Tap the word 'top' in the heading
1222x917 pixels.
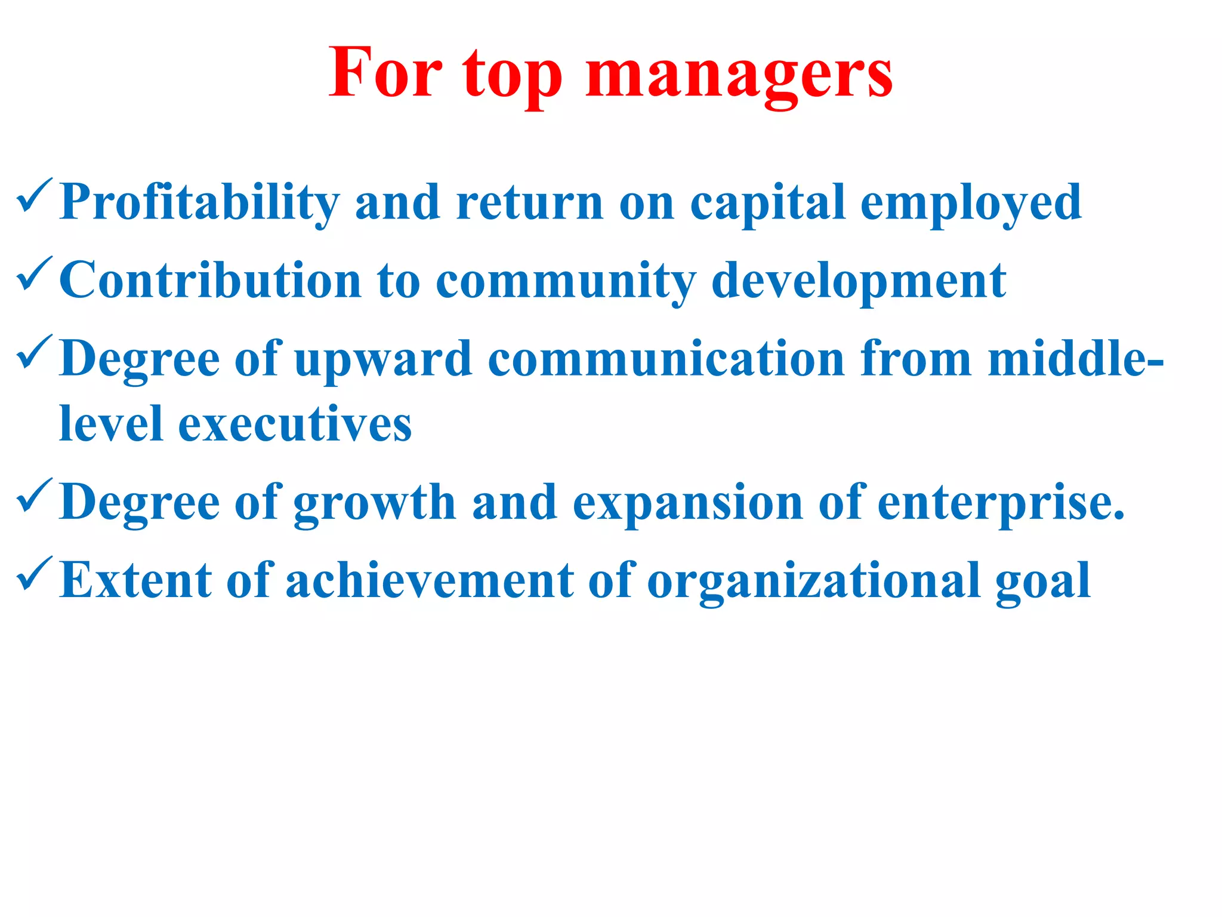click(x=512, y=75)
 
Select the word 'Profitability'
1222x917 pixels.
click(x=200, y=203)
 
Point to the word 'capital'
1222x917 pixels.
click(x=767, y=203)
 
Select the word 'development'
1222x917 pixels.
click(x=859, y=281)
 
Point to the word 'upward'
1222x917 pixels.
click(x=383, y=359)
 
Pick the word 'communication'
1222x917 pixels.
click(x=666, y=359)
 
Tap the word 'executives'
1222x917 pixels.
click(x=295, y=424)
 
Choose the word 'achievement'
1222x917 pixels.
click(x=429, y=580)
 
